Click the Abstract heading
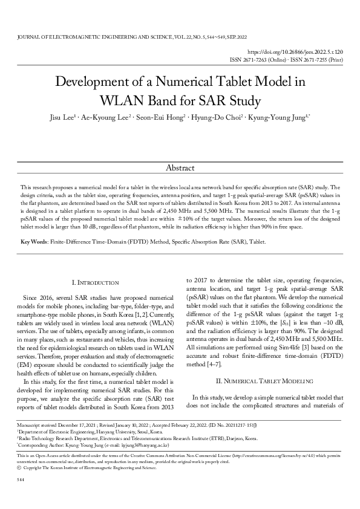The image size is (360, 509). [180, 168]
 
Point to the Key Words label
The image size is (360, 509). [34, 242]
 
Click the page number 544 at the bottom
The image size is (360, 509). [21, 496]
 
